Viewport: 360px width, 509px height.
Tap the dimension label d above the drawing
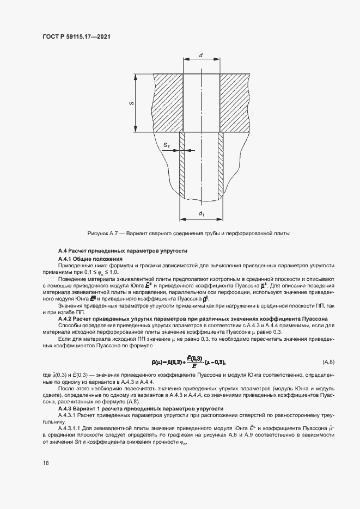coord(201,56)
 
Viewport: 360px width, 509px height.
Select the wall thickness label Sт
coord(167,145)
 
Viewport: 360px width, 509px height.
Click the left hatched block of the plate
coord(168,103)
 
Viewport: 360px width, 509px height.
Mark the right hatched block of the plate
coord(235,103)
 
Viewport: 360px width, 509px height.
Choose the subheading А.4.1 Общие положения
coord(90,258)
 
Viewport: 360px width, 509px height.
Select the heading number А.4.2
coord(67,319)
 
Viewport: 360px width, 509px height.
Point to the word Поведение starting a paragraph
coord(73,279)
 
